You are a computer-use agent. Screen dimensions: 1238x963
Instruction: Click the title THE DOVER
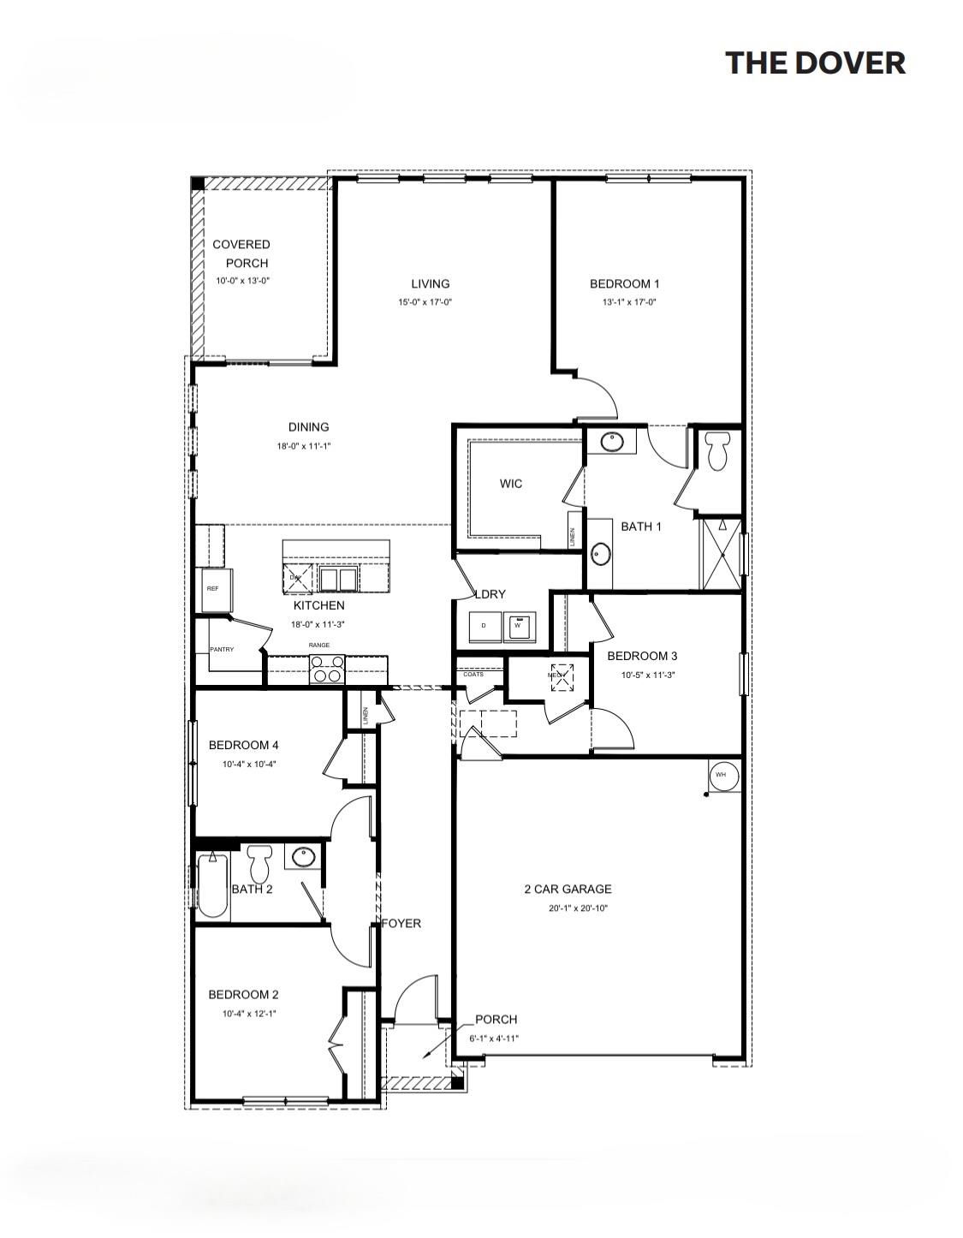coord(814,63)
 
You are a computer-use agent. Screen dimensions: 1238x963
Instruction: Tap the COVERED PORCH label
coord(241,253)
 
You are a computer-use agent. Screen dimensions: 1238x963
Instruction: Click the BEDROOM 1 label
coord(624,283)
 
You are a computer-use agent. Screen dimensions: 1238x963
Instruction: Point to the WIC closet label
coord(510,484)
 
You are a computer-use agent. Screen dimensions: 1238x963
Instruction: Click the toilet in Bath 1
coord(718,449)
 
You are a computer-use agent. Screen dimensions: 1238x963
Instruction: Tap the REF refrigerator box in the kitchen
coord(212,589)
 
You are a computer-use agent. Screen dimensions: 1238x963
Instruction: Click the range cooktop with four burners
coord(326,668)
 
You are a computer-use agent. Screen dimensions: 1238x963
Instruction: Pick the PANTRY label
coord(222,650)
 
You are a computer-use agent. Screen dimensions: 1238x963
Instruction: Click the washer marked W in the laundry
coord(518,626)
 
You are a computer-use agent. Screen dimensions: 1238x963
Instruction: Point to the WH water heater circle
coord(721,775)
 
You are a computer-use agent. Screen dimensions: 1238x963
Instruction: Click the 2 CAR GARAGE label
coord(568,890)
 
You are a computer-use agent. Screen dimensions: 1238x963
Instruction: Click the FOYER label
coord(401,924)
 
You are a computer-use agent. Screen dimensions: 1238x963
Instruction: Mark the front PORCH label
coord(496,1020)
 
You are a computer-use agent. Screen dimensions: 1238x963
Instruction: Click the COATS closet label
coord(473,674)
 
